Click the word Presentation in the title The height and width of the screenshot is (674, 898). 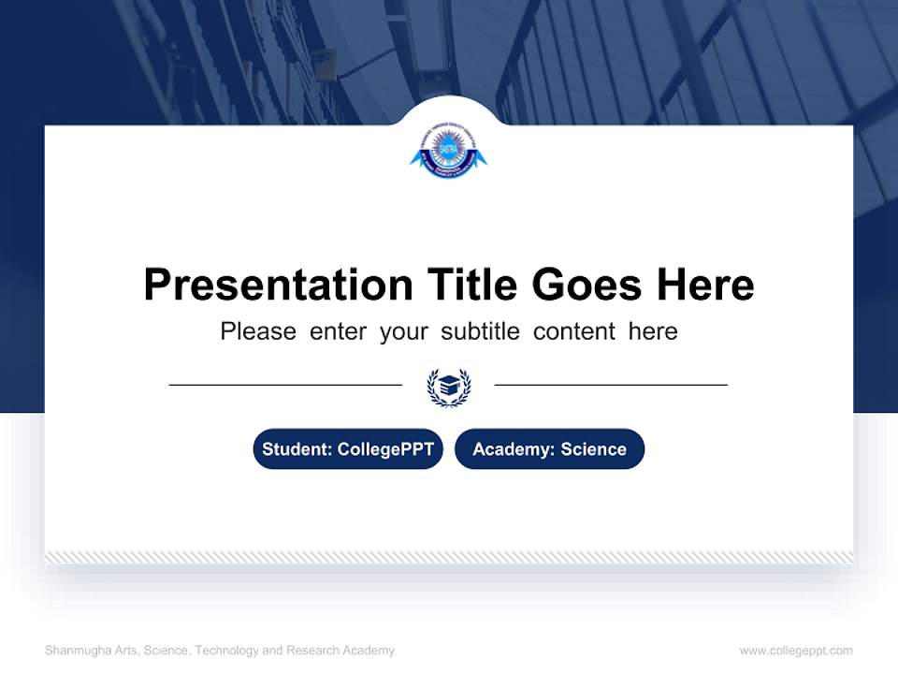[278, 285]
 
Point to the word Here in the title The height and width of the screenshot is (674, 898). [704, 285]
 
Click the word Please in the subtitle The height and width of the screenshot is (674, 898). [258, 331]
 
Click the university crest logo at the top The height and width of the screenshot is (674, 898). [449, 154]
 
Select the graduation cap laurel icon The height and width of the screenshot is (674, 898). [449, 387]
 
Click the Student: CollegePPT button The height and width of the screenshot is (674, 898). [348, 449]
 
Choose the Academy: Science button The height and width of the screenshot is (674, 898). [549, 449]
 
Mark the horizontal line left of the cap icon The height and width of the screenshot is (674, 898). [285, 385]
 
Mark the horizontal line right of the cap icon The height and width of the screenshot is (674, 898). [611, 385]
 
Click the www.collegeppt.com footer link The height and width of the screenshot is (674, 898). [796, 651]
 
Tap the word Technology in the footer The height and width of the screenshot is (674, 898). [224, 651]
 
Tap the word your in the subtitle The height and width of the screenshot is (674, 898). [403, 331]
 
